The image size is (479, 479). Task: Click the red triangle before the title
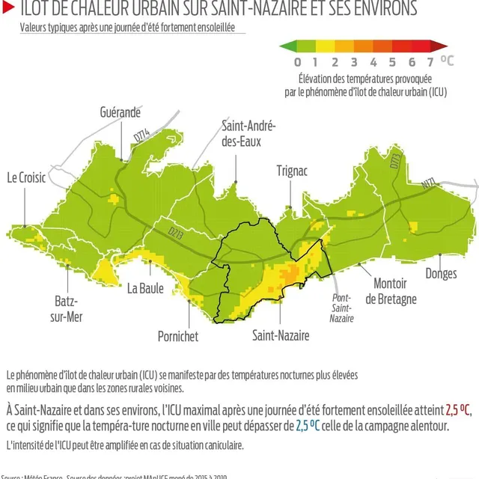point(7,8)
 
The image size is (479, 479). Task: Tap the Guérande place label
point(120,112)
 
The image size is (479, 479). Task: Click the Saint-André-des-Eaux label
point(249,132)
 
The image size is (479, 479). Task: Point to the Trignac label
point(292,171)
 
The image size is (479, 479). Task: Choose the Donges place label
point(441,274)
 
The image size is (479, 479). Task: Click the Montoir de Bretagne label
point(391,292)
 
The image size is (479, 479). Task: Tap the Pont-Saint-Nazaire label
point(341,307)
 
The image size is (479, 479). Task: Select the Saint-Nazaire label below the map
point(281,336)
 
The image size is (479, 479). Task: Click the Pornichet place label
point(178,337)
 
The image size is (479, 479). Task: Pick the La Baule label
point(145,288)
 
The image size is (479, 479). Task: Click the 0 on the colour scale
point(298,61)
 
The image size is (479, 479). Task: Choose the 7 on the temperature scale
point(430,61)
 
